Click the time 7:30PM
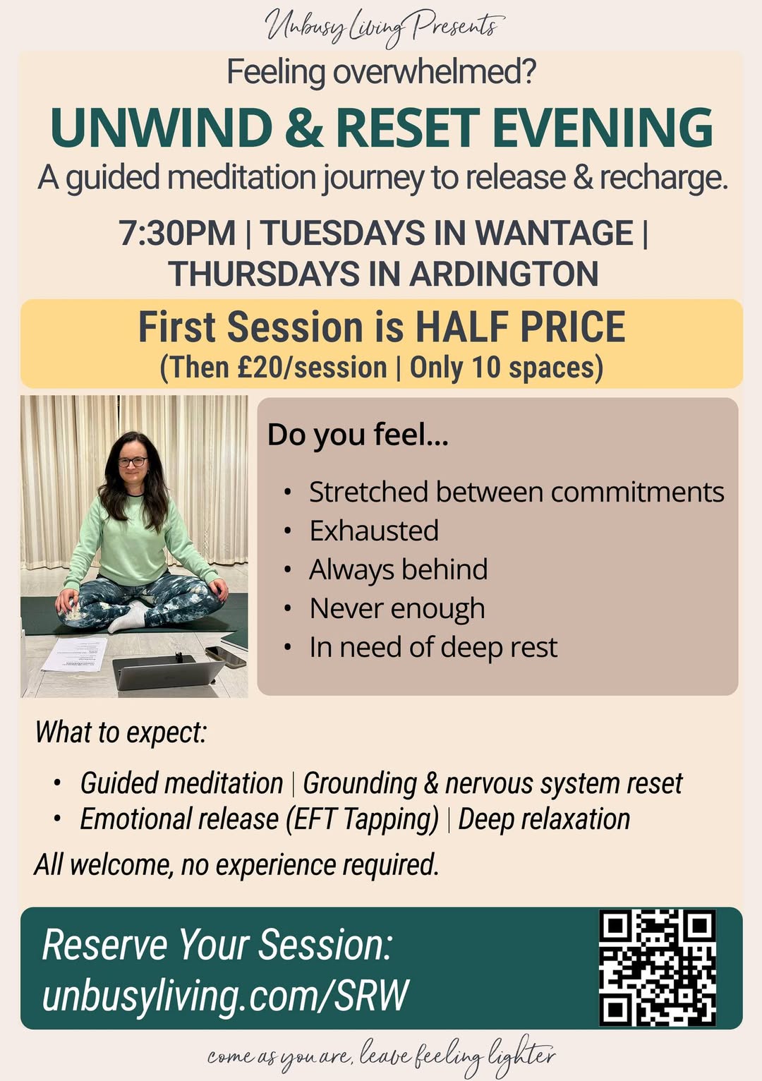coord(177,233)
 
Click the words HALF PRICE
coord(520,327)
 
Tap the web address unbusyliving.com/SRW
coord(225,996)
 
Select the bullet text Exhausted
coord(374,531)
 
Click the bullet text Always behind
coord(399,569)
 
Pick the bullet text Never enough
coord(397,608)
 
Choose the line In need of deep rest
coord(433,647)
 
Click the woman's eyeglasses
coord(133,462)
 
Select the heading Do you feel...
coord(358,435)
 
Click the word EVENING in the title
coord(603,128)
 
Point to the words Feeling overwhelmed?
coord(381,72)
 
